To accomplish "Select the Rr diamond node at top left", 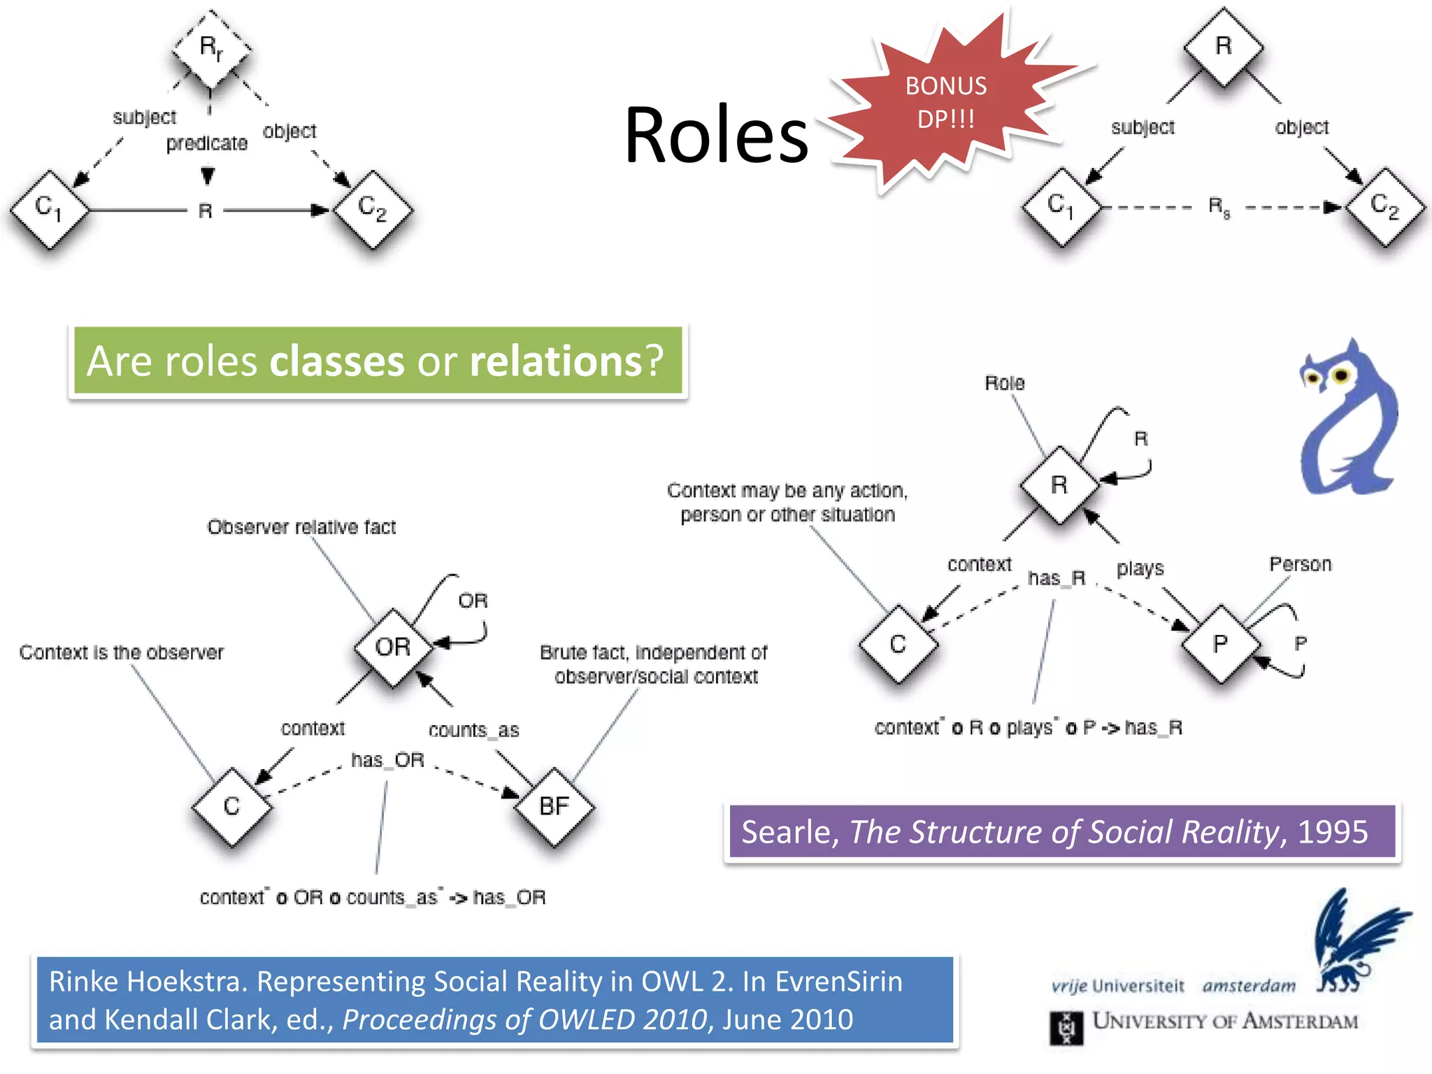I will (x=211, y=49).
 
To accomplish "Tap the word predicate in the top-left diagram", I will (x=206, y=143).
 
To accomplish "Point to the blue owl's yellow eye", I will (x=1340, y=376).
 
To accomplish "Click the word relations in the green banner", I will (x=556, y=361).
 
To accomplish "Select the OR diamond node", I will (x=393, y=647).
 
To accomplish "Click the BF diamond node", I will (x=554, y=806).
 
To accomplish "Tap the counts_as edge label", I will (x=473, y=730).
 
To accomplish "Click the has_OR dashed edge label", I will (x=387, y=760).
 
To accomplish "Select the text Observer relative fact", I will (x=301, y=527).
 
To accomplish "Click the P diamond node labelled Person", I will (x=1220, y=643).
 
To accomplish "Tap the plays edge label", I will (x=1140, y=568).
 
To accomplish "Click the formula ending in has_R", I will (x=1028, y=728).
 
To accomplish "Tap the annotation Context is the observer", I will (x=122, y=652).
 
